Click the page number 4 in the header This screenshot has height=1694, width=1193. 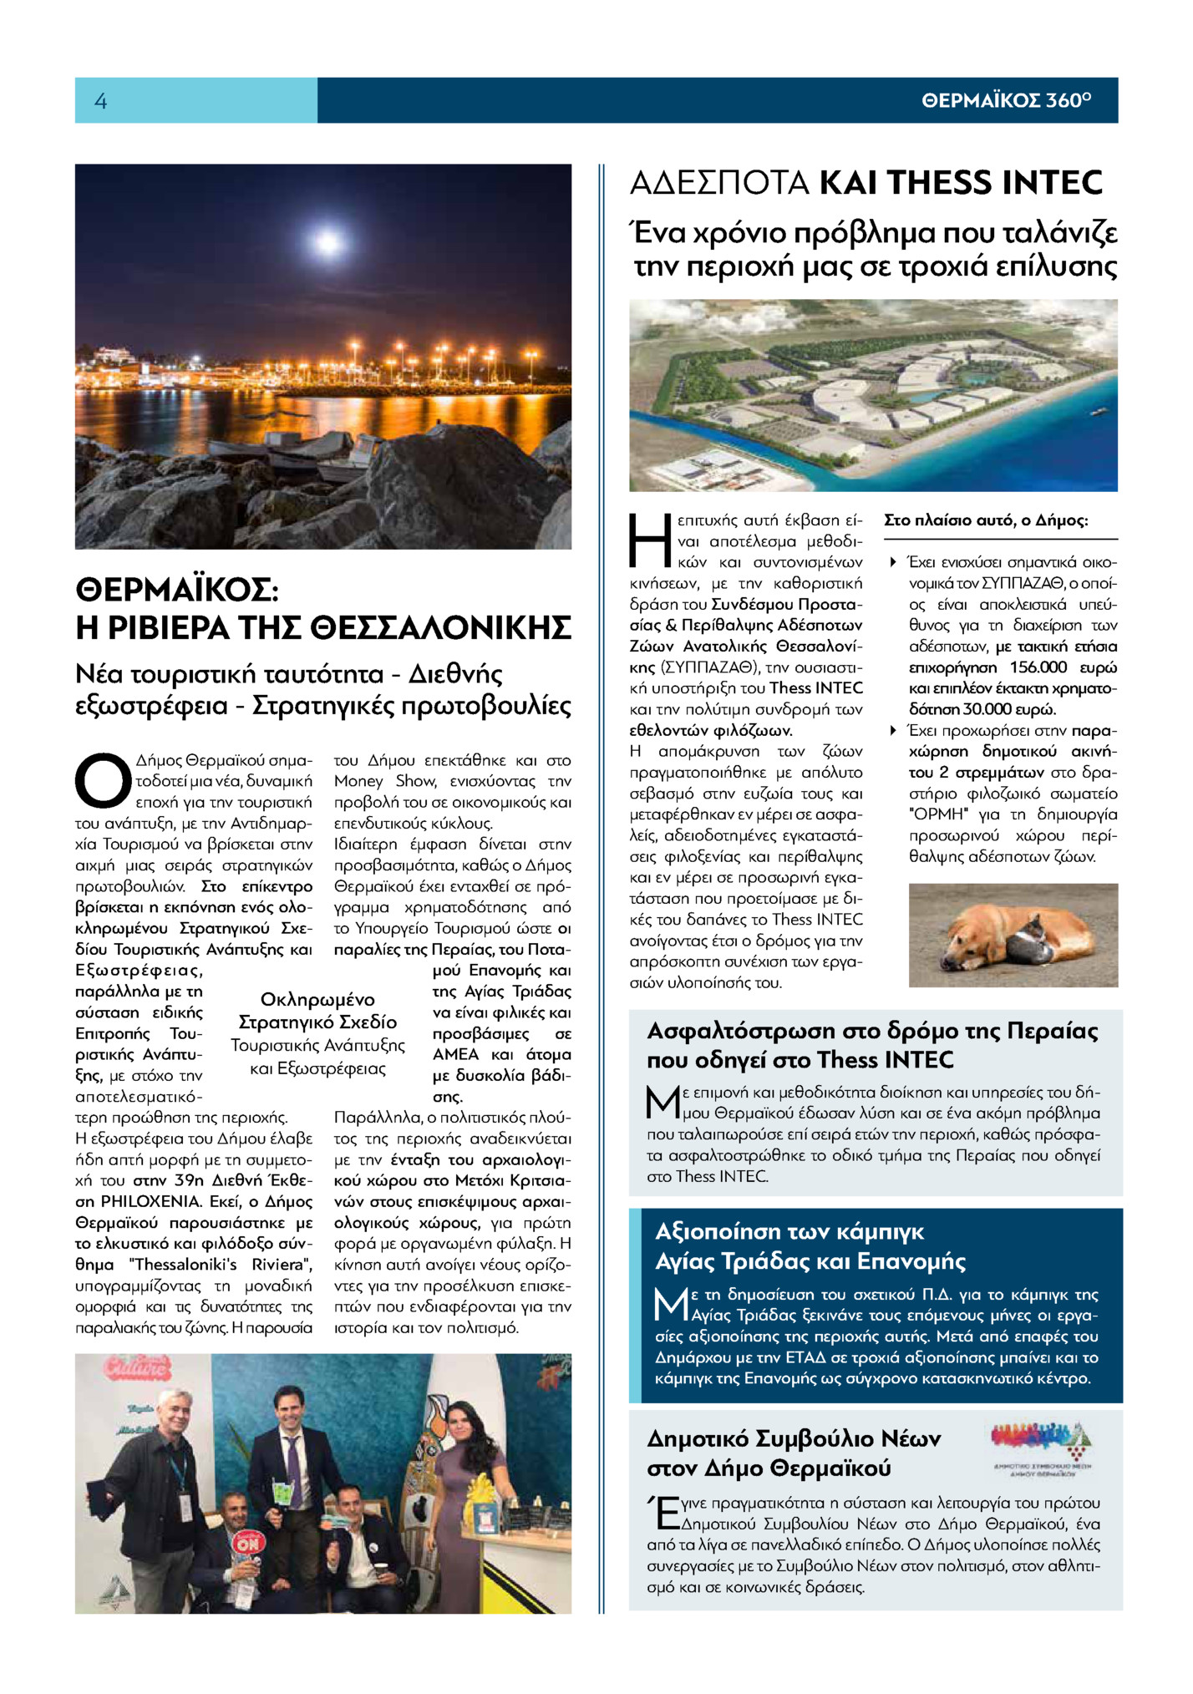(101, 101)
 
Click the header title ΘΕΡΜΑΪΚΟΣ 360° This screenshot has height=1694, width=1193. (1006, 101)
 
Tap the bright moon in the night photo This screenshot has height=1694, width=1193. (327, 242)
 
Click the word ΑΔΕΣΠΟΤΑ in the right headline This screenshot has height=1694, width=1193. (719, 183)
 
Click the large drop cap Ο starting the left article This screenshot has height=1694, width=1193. (103, 781)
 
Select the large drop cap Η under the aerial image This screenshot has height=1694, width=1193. (649, 540)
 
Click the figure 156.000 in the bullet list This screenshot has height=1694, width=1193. (1038, 667)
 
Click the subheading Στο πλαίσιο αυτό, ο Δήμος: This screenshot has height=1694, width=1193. (986, 520)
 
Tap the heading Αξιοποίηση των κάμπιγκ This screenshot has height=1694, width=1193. (789, 1232)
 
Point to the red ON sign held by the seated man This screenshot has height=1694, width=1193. (248, 1541)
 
